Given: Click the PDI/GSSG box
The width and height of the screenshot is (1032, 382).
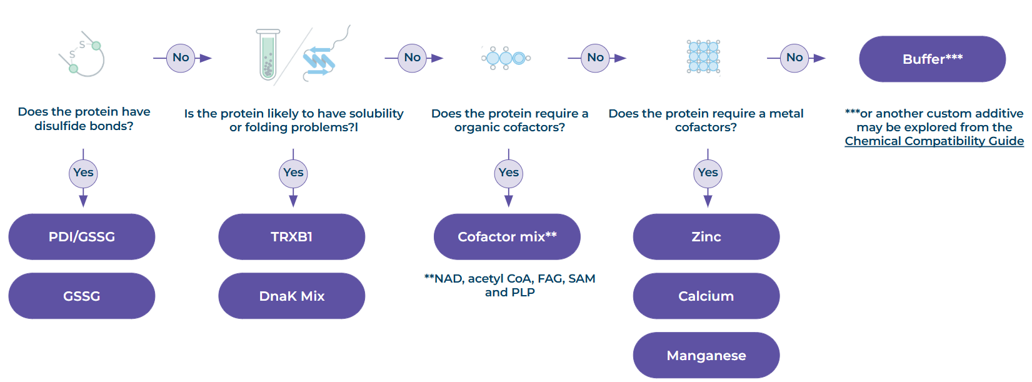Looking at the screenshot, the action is (81, 236).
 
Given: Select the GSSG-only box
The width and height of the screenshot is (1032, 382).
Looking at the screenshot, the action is (81, 296).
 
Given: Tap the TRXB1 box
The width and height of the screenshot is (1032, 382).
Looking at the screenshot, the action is (292, 236).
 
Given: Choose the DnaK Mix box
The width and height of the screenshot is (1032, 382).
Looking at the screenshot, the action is (292, 296).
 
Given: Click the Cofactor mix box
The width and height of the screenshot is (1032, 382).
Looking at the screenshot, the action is (507, 236).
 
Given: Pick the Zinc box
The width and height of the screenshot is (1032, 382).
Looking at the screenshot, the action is (706, 236).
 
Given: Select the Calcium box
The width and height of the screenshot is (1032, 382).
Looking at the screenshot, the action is (706, 296).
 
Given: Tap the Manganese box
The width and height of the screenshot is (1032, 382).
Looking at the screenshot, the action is (706, 355).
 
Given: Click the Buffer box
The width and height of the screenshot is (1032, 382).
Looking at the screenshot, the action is (933, 59).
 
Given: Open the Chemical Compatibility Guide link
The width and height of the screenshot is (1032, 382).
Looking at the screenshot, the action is (934, 141).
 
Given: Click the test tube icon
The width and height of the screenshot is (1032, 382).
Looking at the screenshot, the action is (268, 54).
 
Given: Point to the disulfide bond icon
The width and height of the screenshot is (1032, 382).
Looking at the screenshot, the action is (82, 54).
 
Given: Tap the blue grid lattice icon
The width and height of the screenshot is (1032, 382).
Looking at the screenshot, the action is (703, 57).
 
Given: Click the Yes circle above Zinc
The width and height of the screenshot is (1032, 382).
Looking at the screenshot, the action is (708, 173).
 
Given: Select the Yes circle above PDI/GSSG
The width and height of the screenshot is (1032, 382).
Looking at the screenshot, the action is (83, 173).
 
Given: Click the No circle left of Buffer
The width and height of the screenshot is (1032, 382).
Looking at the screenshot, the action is (794, 58).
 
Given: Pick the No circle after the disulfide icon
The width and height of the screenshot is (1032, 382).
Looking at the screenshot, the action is (181, 58).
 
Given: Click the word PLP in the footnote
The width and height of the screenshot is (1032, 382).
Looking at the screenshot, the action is (523, 293).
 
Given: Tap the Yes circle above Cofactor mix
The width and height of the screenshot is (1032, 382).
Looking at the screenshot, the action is (509, 173).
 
